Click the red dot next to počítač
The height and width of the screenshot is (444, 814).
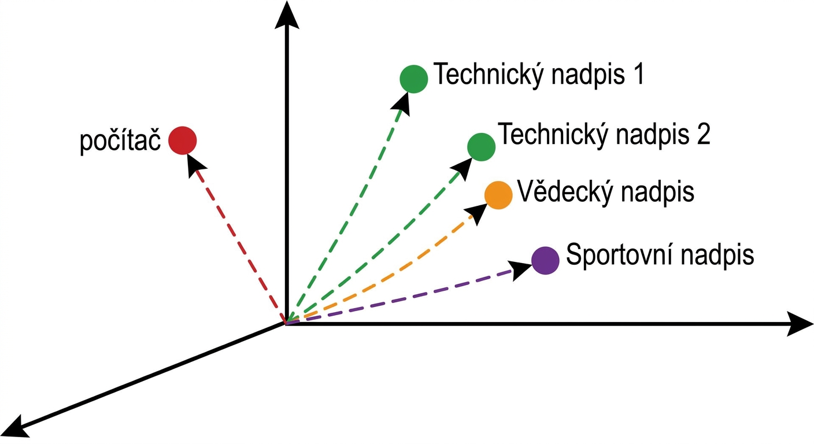tap(183, 140)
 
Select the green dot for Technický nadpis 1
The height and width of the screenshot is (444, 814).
tap(413, 79)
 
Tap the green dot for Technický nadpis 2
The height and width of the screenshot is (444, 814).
tap(481, 147)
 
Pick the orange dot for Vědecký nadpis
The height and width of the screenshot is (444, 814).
tap(498, 195)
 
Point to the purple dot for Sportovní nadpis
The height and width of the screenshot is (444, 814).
tap(545, 260)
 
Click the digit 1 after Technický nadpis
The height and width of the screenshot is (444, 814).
tap(638, 74)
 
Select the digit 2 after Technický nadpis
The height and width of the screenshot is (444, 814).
tap(704, 134)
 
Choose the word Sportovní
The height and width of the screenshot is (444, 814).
tap(619, 255)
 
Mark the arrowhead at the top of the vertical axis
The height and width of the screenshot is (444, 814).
tap(287, 14)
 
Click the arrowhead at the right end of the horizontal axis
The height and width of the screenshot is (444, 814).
tap(800, 323)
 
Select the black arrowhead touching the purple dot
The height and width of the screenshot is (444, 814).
tap(520, 269)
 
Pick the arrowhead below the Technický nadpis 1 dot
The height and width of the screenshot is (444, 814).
tap(402, 103)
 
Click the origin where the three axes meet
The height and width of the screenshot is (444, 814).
tap(286, 323)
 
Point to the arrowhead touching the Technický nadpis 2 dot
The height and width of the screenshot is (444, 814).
tap(462, 169)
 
